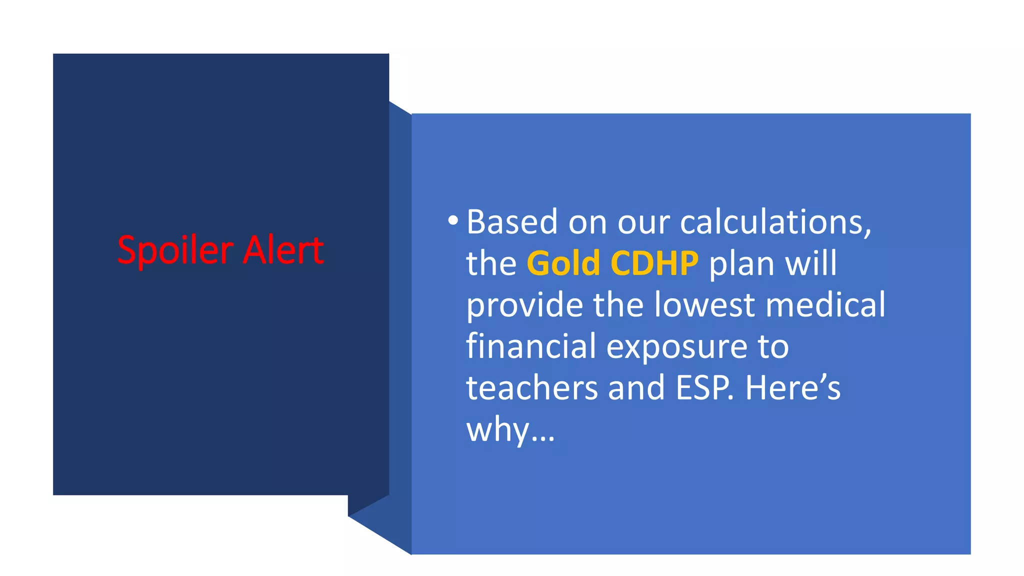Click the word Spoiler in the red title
coord(175,250)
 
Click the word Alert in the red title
coord(283,250)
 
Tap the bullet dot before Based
coord(453,220)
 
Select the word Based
coord(511,222)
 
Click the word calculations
coord(775,222)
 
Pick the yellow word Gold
coord(563,263)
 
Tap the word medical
coord(825,305)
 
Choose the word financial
coord(531,346)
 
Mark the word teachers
coord(531,388)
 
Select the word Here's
coord(793,388)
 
